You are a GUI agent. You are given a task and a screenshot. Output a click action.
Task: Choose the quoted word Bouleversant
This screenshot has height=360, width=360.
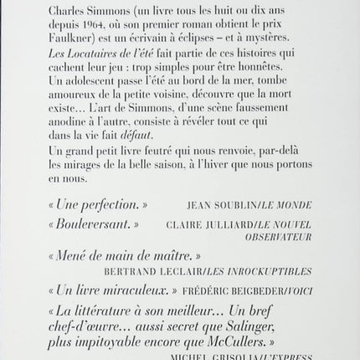pyautogui.click(x=95, y=225)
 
